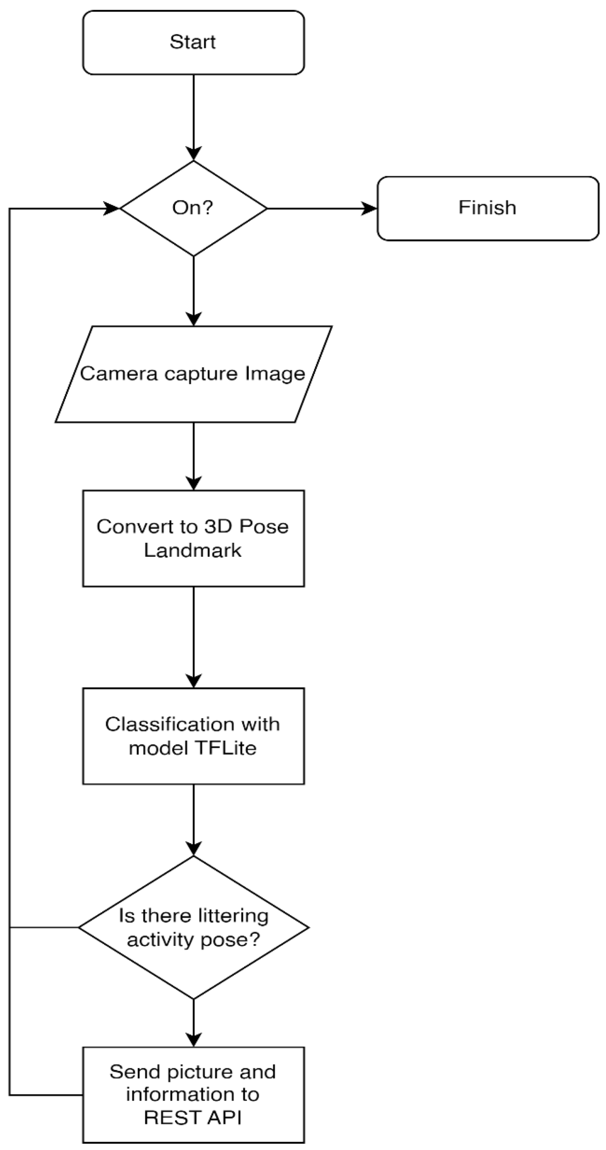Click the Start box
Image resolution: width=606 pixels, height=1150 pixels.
click(x=193, y=42)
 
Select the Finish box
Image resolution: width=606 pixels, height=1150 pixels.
click(x=487, y=208)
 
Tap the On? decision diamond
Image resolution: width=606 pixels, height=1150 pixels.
click(x=193, y=208)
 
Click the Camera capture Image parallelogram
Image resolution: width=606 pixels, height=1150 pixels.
click(x=193, y=374)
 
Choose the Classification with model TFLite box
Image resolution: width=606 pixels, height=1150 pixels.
click(x=193, y=736)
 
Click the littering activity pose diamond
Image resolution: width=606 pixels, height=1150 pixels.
click(x=193, y=927)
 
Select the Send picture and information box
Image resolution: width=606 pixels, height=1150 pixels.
click(x=193, y=1095)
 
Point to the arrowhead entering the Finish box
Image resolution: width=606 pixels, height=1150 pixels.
click(x=370, y=208)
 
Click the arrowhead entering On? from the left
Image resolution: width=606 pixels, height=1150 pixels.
click(x=111, y=208)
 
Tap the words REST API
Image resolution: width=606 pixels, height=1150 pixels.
click(x=192, y=1118)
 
